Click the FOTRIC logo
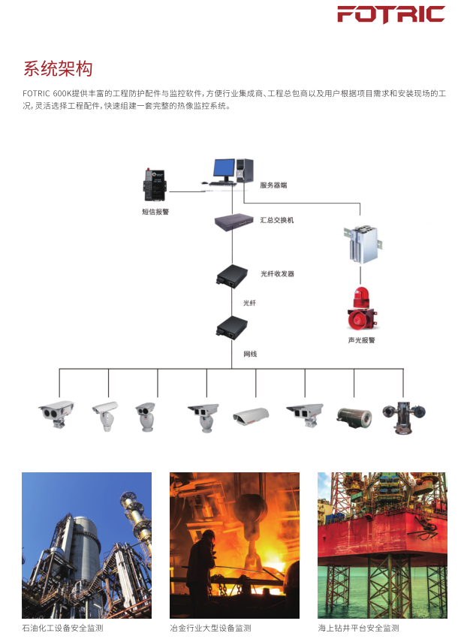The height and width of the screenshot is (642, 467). pyautogui.click(x=390, y=15)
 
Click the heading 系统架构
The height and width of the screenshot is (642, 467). pyautogui.click(x=58, y=69)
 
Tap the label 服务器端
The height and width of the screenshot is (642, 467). pyautogui.click(x=273, y=185)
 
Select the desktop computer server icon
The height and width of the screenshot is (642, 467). pyautogui.click(x=231, y=171)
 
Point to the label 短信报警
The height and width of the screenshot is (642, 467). pyautogui.click(x=155, y=212)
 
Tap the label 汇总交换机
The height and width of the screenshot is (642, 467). pyautogui.click(x=277, y=220)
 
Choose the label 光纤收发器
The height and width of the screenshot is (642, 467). pyautogui.click(x=277, y=274)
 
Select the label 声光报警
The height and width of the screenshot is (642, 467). pyautogui.click(x=361, y=340)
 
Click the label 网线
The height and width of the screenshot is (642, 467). pyautogui.click(x=250, y=354)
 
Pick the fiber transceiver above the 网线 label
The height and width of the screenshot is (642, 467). pyautogui.click(x=231, y=327)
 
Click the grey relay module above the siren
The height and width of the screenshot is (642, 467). pyautogui.click(x=361, y=243)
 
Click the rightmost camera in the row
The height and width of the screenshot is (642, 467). pyautogui.click(x=403, y=414)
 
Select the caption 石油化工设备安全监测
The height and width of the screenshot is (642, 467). pyautogui.click(x=62, y=628)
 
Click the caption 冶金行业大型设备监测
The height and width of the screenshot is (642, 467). pyautogui.click(x=210, y=628)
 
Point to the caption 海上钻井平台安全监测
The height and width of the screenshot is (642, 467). pyautogui.click(x=358, y=628)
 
